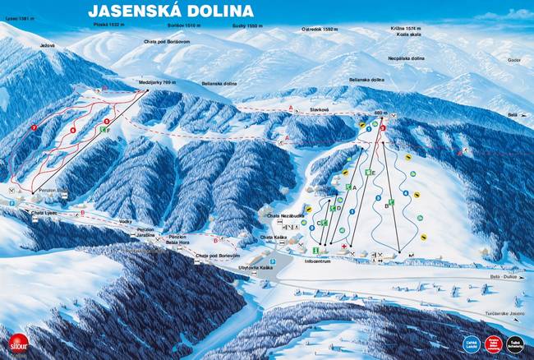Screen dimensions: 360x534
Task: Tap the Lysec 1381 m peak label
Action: tap(17, 17)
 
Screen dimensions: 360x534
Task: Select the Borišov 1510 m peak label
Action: tap(182, 26)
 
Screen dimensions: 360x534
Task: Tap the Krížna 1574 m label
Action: tap(405, 28)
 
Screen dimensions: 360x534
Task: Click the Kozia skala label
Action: tap(403, 34)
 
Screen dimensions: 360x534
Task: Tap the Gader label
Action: tap(515, 60)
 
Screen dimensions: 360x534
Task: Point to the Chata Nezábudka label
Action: tap(283, 215)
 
